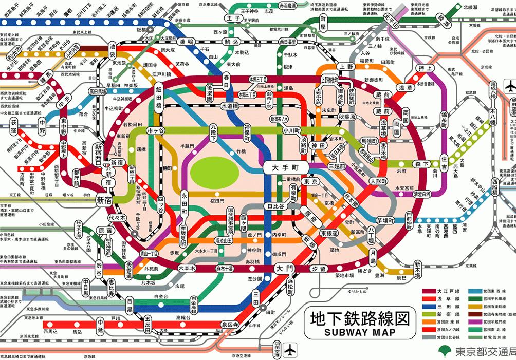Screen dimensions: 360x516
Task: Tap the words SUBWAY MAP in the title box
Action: coord(360,332)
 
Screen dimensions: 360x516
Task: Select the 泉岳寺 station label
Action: coord(230,325)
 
